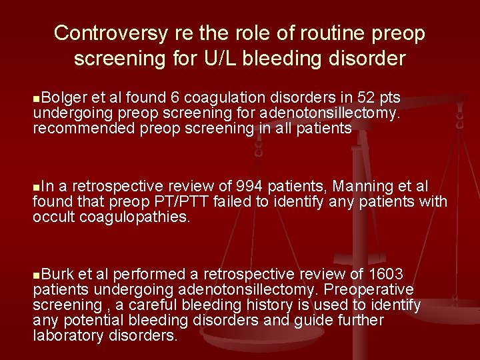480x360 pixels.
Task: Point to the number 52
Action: tap(350, 99)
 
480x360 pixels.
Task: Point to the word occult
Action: tap(52, 217)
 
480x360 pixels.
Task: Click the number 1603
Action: tap(385, 275)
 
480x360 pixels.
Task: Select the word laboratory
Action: tap(65, 335)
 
